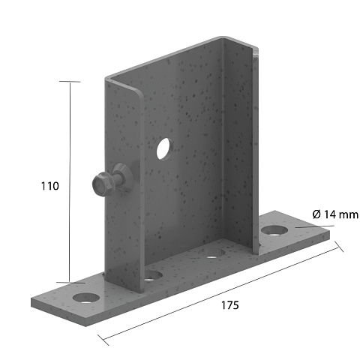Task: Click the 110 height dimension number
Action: click(50, 186)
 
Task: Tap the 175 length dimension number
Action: click(230, 305)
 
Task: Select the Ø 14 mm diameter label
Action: click(335, 214)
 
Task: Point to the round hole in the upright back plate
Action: click(164, 148)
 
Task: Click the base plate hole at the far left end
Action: click(86, 298)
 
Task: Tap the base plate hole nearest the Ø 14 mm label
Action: click(274, 230)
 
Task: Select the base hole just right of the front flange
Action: click(153, 275)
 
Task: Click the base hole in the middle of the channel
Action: click(214, 253)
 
